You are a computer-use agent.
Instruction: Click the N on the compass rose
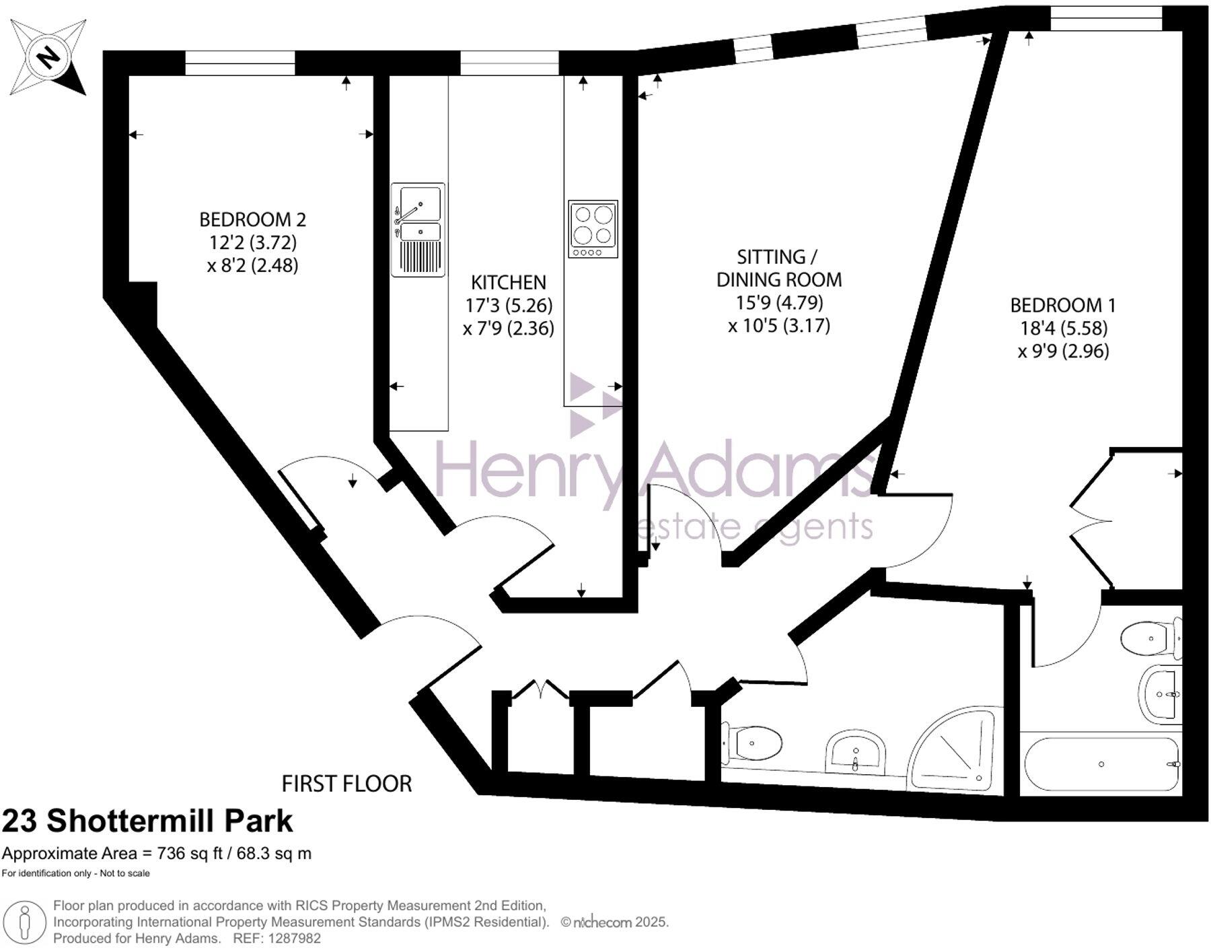(x=47, y=57)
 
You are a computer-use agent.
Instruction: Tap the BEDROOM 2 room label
(x=252, y=219)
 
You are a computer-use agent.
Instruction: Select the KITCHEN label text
(x=508, y=282)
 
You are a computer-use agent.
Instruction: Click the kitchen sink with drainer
(x=418, y=230)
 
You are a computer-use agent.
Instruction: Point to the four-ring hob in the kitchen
(x=593, y=228)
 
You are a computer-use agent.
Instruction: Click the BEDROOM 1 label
(x=1062, y=305)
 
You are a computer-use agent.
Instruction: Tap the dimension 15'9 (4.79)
(x=779, y=302)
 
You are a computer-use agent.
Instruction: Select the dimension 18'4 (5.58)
(x=1063, y=328)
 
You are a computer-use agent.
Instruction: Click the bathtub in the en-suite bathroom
(x=1101, y=764)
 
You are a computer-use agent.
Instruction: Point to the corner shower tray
(x=955, y=751)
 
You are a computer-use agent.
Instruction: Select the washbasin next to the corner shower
(x=855, y=750)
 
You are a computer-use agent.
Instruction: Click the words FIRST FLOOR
(x=346, y=784)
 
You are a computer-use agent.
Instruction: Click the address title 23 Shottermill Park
(x=147, y=821)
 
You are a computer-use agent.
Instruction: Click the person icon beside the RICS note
(x=26, y=922)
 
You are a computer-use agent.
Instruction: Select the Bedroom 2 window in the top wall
(x=240, y=63)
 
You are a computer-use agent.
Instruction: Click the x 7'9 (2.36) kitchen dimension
(x=508, y=328)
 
